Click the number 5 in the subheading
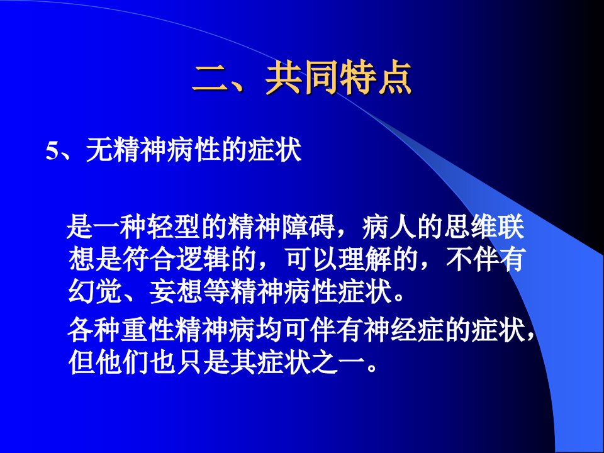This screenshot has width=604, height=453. [52, 151]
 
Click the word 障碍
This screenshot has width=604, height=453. [309, 227]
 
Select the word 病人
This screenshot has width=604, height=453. [389, 227]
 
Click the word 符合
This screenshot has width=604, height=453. [148, 259]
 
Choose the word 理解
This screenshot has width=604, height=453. [364, 259]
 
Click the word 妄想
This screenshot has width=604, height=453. [176, 291]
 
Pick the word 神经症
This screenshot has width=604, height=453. [405, 330]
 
